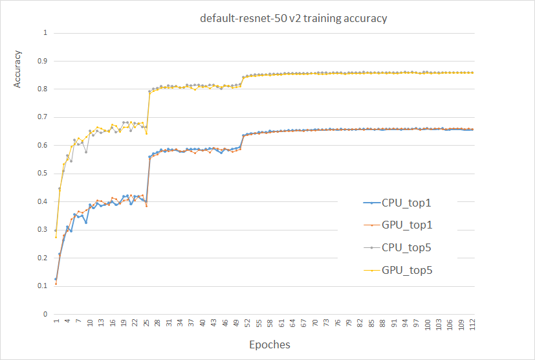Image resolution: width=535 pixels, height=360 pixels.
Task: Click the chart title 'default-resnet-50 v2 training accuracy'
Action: (293, 18)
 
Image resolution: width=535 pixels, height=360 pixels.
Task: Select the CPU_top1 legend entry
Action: (407, 203)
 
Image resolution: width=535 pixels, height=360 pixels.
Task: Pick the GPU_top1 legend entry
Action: (407, 225)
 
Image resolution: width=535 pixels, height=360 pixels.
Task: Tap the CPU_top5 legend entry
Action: (407, 247)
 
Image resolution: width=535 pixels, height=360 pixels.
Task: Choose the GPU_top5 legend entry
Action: (407, 270)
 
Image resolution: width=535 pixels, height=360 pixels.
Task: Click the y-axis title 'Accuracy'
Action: (18, 69)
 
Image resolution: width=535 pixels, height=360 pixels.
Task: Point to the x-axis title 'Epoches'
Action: (270, 344)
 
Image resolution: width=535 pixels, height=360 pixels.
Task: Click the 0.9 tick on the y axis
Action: (45, 61)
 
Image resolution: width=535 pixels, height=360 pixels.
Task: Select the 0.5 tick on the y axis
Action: (45, 174)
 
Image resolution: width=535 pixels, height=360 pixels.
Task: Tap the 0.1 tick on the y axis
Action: (45, 286)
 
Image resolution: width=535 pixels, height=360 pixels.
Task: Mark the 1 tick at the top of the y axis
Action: (45, 32)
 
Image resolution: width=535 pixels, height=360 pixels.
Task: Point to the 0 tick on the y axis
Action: (45, 314)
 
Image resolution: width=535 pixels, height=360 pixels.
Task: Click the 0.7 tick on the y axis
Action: (45, 117)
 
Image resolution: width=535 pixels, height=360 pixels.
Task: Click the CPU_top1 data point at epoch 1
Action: (56, 279)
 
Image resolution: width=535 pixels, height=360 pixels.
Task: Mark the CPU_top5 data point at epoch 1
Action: (56, 231)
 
